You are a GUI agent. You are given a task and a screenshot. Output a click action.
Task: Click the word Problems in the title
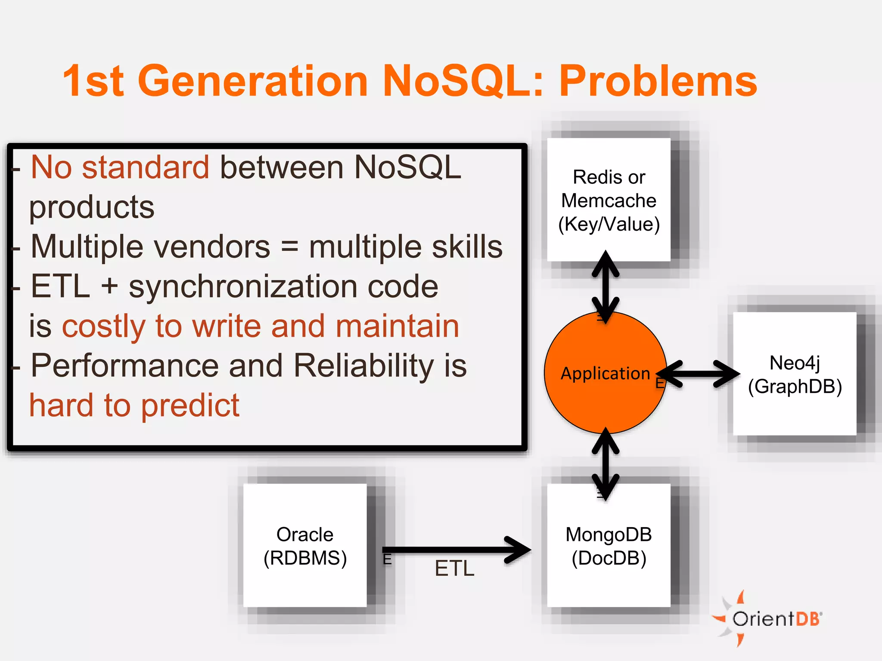coord(658,81)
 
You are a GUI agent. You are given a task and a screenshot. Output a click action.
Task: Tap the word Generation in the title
coord(253,81)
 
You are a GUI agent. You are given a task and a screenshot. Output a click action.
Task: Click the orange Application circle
coord(605,387)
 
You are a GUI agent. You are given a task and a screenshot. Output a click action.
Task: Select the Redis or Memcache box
coord(609,200)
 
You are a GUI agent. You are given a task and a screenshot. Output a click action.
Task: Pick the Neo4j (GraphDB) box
coord(795,374)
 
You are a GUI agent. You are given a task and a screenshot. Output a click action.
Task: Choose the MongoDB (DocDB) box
coord(609,546)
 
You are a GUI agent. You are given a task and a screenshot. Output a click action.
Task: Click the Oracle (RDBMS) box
coord(305,546)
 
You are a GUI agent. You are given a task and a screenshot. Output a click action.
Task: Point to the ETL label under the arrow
coord(454,568)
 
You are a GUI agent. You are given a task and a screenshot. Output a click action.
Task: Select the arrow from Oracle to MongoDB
coord(457,550)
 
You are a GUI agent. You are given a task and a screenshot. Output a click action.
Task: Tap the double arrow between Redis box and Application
coord(606,287)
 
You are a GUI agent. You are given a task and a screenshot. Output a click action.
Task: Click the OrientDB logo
coord(769,619)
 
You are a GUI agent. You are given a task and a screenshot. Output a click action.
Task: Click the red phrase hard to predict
coord(134,405)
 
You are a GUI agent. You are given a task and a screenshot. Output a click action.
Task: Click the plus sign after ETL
coord(110,286)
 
